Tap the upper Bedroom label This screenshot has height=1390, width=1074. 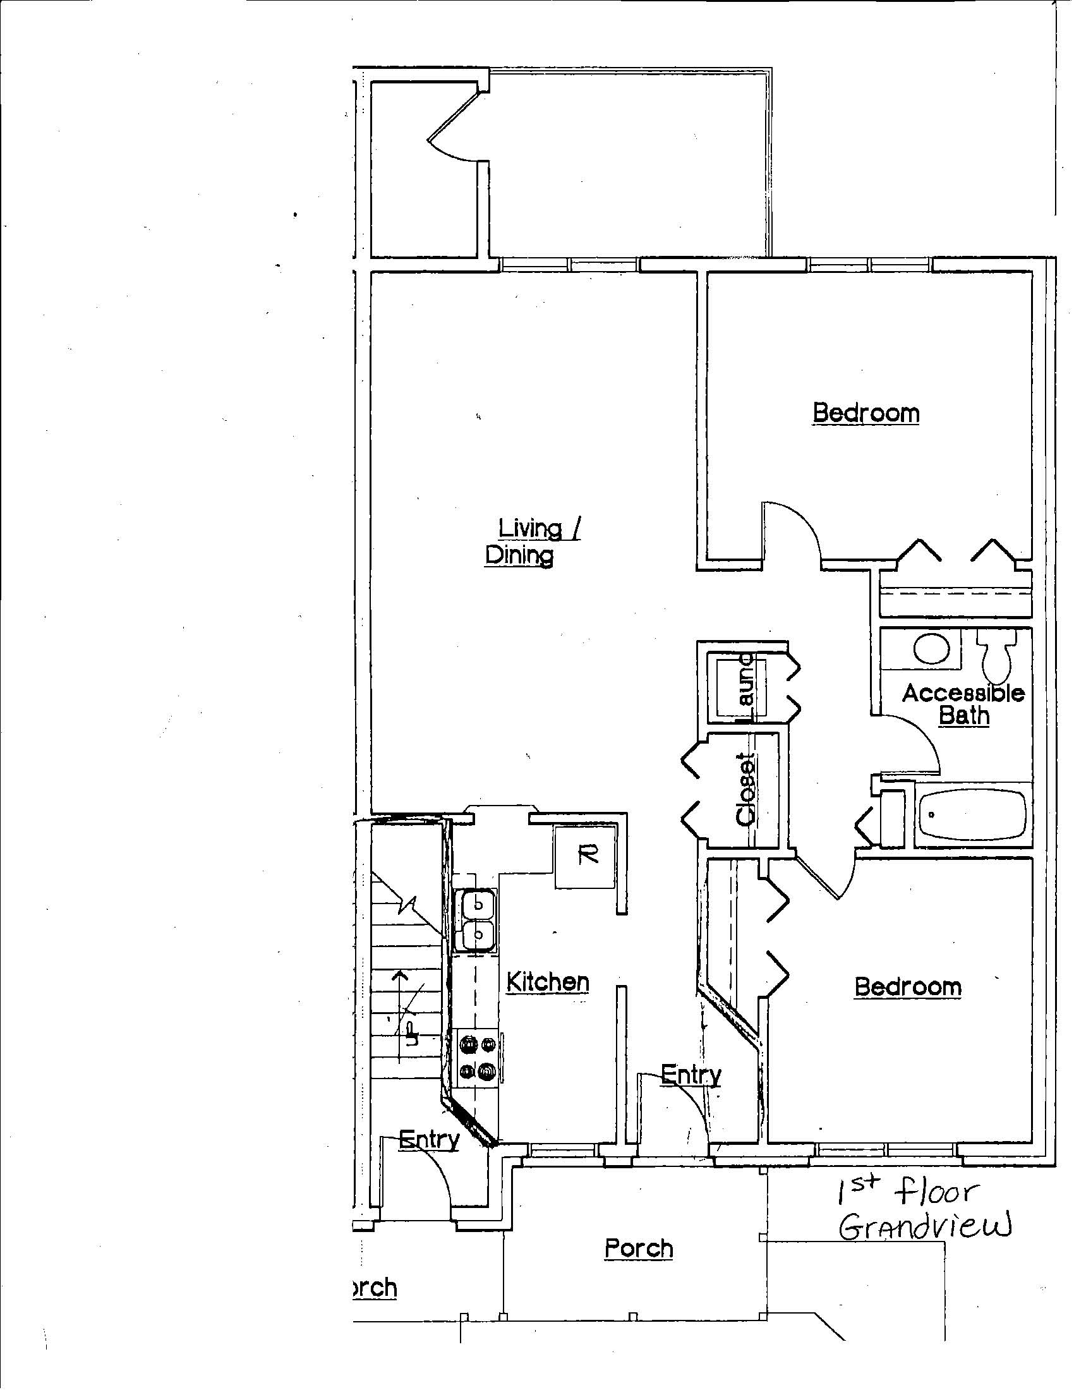click(866, 413)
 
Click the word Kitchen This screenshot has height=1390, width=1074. click(548, 982)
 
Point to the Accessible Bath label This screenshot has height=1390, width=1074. click(963, 704)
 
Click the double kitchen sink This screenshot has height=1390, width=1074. click(477, 921)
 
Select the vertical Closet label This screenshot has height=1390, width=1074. click(746, 789)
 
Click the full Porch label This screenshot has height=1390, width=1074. click(639, 1248)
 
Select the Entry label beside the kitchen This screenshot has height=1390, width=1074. click(691, 1074)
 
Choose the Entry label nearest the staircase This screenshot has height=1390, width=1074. click(429, 1139)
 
